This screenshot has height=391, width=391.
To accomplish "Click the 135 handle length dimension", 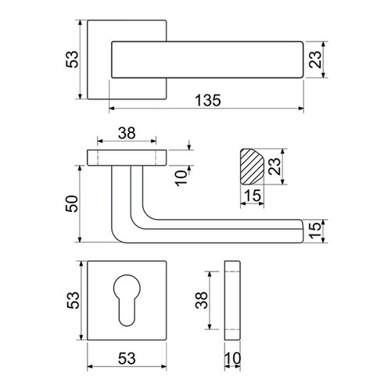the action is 208,101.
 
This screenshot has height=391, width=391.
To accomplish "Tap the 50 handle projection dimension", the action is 72,203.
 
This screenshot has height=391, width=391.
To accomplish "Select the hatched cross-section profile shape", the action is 252,167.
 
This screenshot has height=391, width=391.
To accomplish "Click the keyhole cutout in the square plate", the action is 127,300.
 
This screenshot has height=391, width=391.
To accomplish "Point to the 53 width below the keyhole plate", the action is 127,358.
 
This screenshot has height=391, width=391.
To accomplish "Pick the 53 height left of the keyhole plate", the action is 73,300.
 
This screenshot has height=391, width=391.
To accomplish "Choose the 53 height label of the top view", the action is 72,59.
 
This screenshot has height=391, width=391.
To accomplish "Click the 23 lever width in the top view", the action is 315,59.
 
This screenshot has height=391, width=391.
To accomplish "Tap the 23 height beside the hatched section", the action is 274,167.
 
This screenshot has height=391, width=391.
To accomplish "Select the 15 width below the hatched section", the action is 253,195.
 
